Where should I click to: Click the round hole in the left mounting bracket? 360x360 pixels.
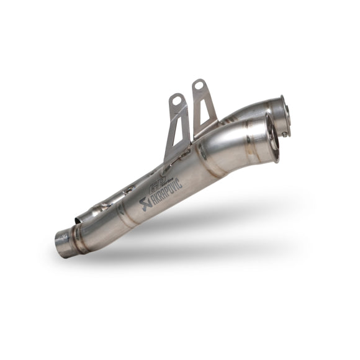coord(178,99)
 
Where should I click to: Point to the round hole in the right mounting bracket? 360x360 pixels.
coord(200,85)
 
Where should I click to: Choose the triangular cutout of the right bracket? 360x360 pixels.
coord(201,112)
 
